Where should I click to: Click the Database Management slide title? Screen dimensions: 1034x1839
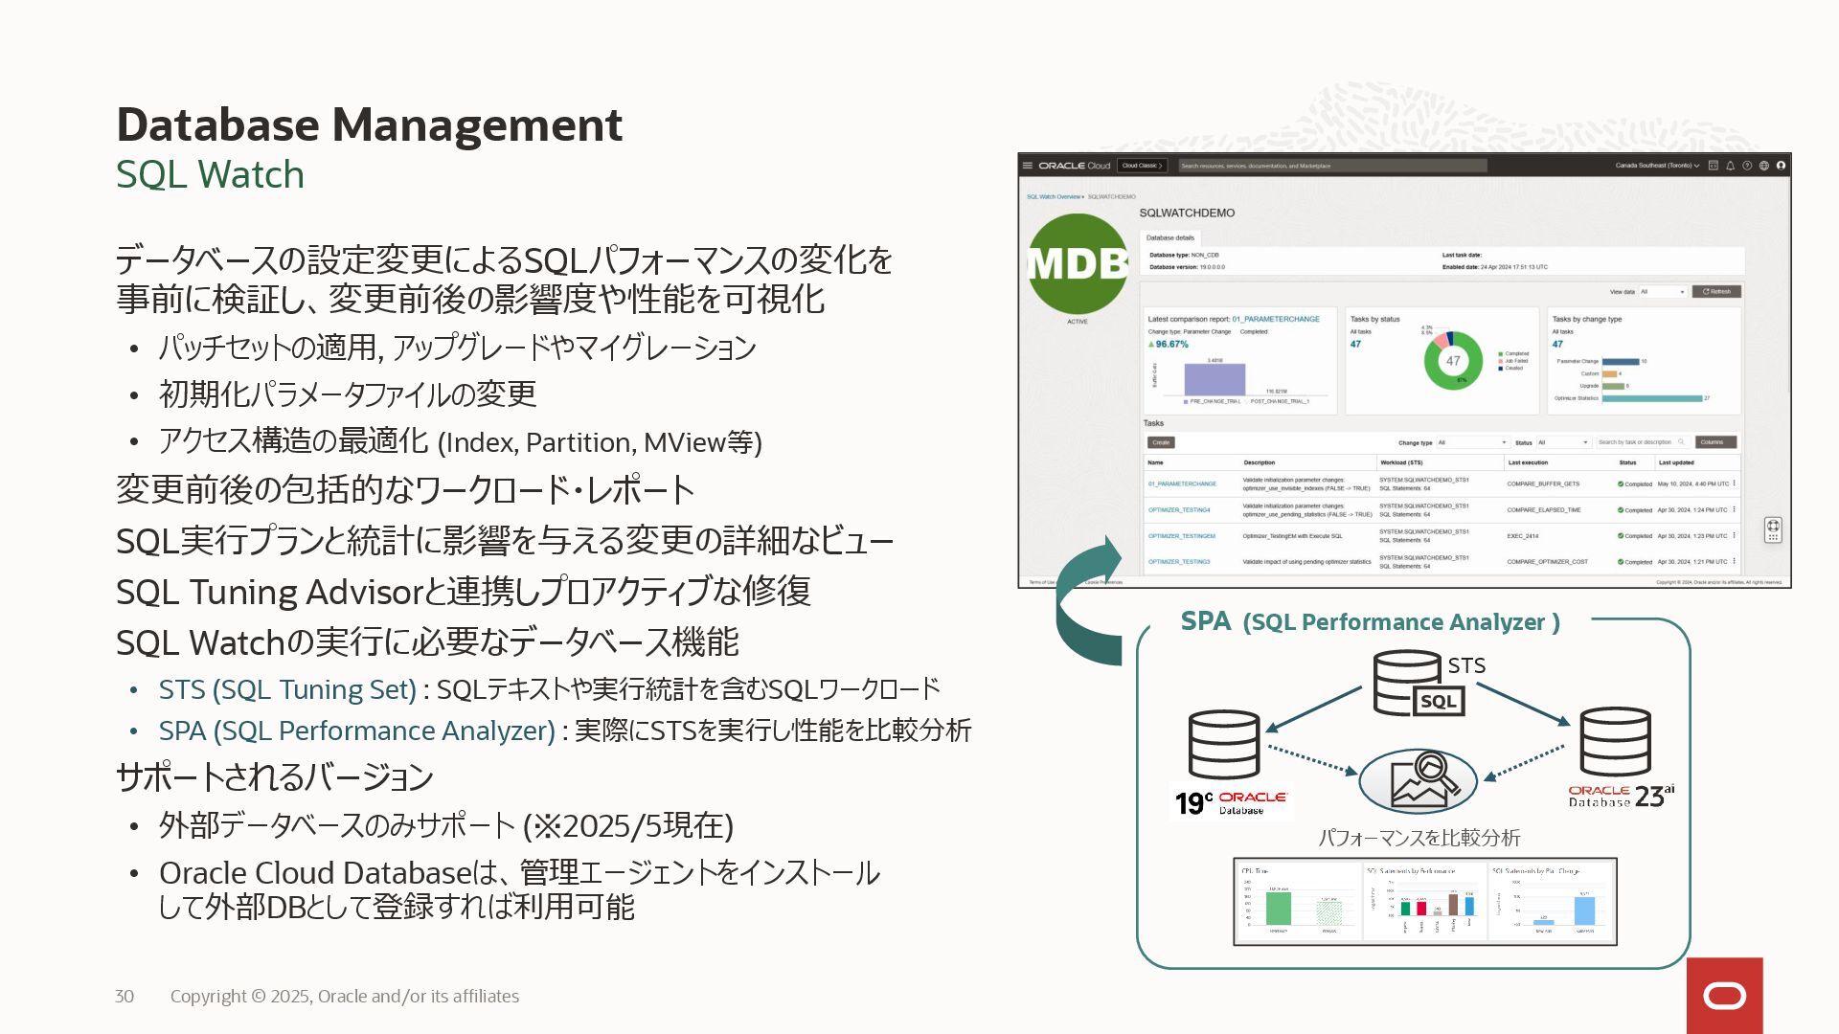tap(369, 124)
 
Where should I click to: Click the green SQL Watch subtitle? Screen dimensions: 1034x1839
tap(210, 174)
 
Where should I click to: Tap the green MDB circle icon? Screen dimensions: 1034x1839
tap(1078, 264)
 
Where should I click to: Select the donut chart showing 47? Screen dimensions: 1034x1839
tap(1453, 361)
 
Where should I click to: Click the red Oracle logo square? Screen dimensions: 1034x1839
tap(1724, 996)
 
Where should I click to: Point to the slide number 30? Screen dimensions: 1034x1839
tap(125, 996)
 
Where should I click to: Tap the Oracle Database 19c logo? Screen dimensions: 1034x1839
tap(1232, 801)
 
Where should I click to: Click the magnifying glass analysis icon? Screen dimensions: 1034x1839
tap(1418, 780)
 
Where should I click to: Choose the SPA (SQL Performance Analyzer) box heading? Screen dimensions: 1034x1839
tap(1370, 622)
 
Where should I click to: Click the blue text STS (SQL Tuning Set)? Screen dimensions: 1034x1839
tap(287, 689)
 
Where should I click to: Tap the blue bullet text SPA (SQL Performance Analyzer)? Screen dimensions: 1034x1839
tap(356, 731)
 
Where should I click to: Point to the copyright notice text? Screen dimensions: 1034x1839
tap(345, 996)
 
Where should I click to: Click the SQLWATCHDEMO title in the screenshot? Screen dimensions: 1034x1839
tap(1187, 213)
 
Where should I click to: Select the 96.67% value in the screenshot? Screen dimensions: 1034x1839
tap(1169, 344)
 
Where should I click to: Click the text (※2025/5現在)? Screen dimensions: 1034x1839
tap(628, 825)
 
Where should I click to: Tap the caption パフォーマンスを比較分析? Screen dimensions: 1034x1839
tap(1419, 838)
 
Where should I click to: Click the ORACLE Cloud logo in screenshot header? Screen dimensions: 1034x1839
tap(1074, 166)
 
